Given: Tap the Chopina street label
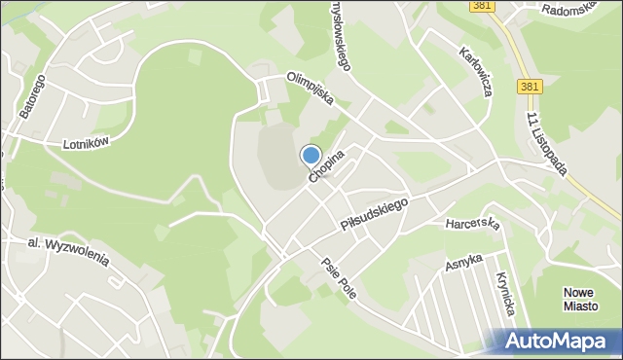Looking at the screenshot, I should click(x=327, y=166).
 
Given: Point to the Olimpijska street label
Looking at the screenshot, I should click(x=311, y=89).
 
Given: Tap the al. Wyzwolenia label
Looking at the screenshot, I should click(x=68, y=252).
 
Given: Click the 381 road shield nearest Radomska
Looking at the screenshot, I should click(x=480, y=5).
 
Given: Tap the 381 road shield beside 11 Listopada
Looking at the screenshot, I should click(x=530, y=87).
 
